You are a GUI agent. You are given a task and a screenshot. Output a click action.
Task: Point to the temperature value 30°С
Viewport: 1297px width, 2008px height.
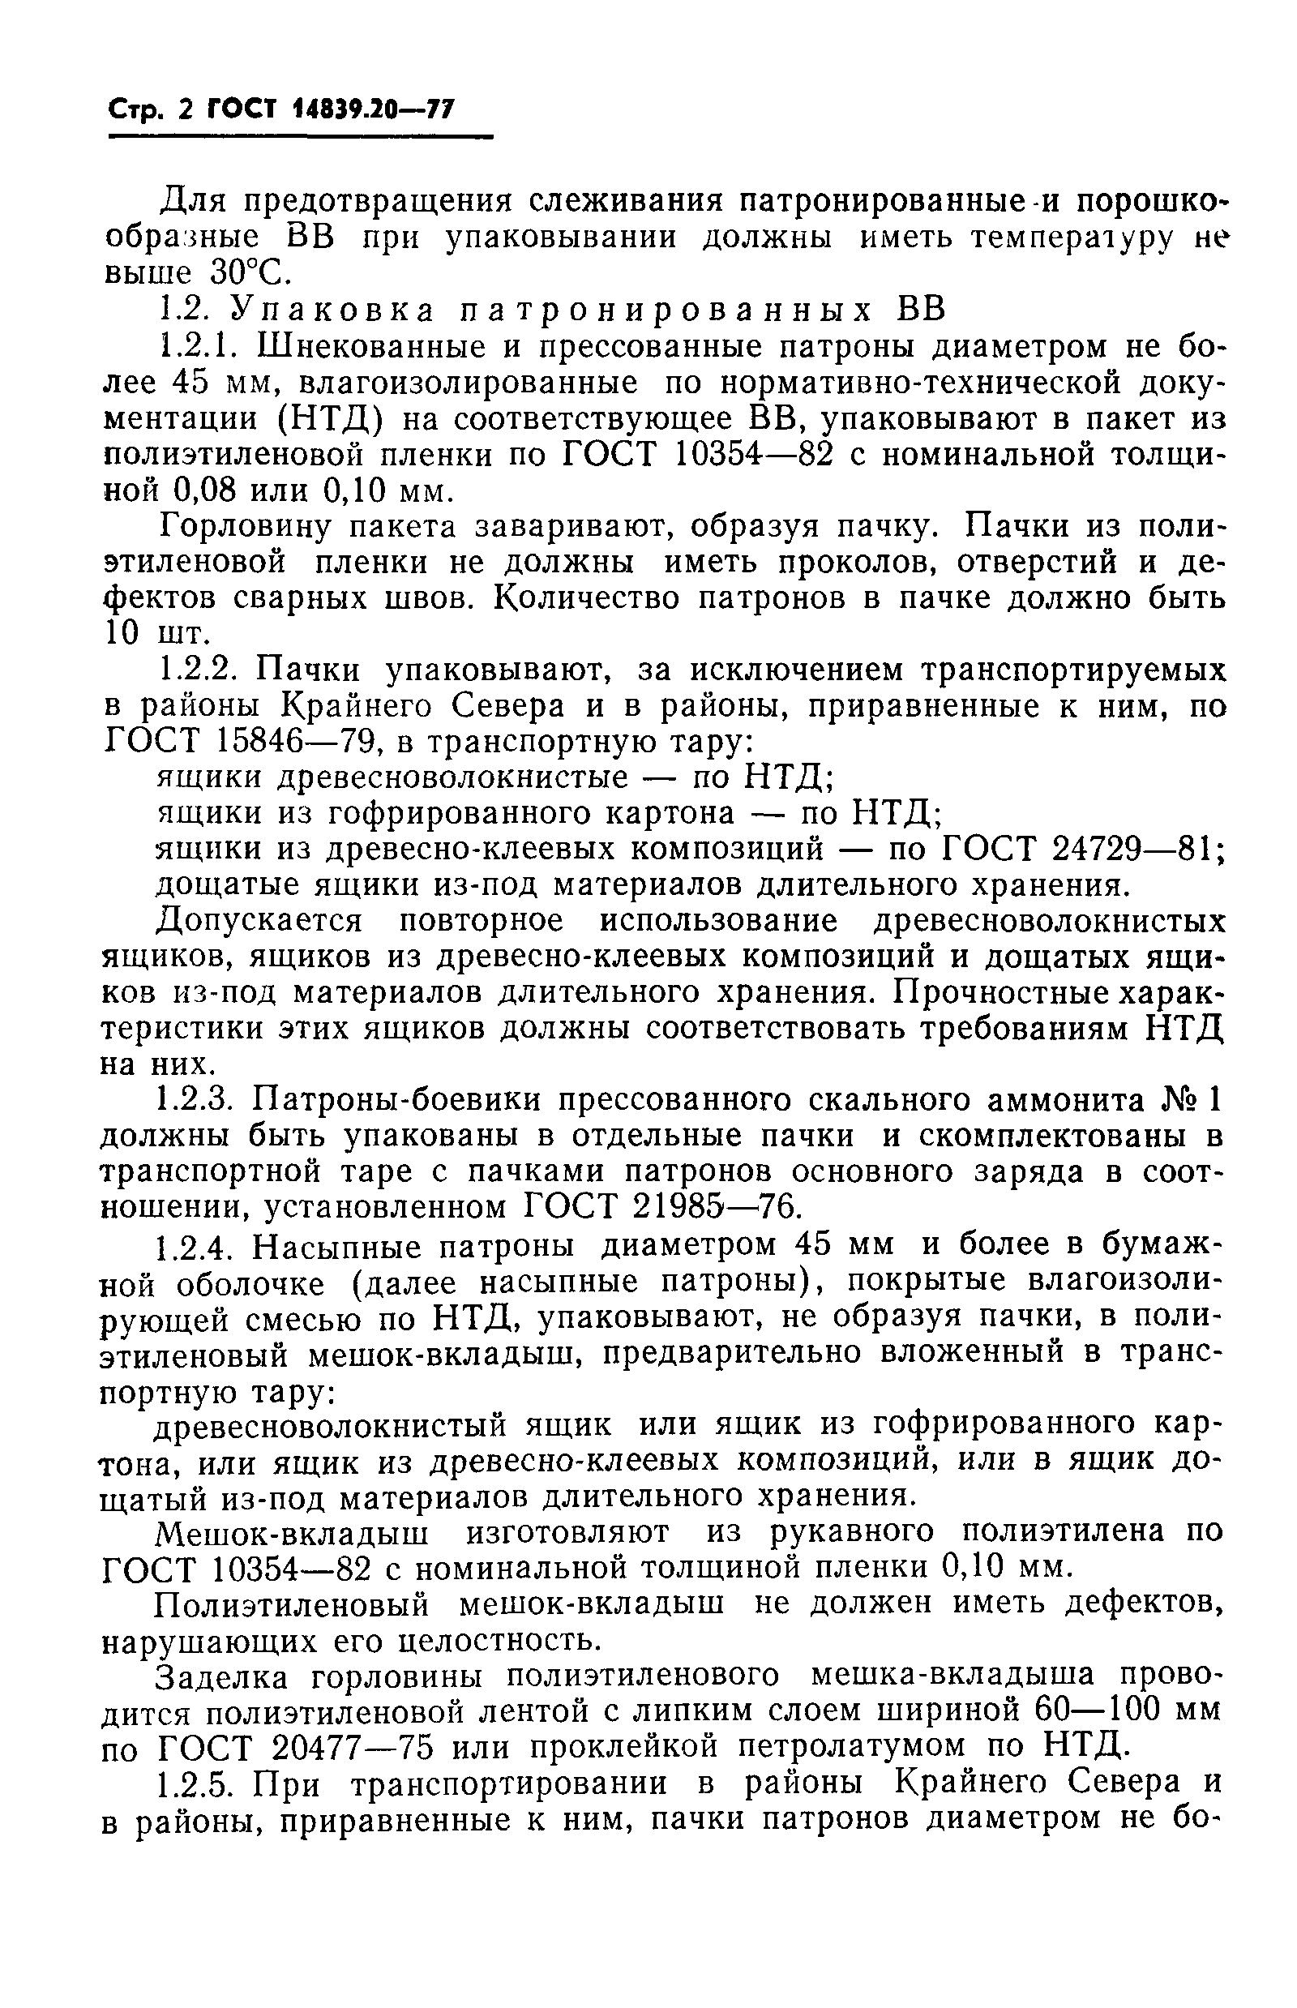(244, 273)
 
